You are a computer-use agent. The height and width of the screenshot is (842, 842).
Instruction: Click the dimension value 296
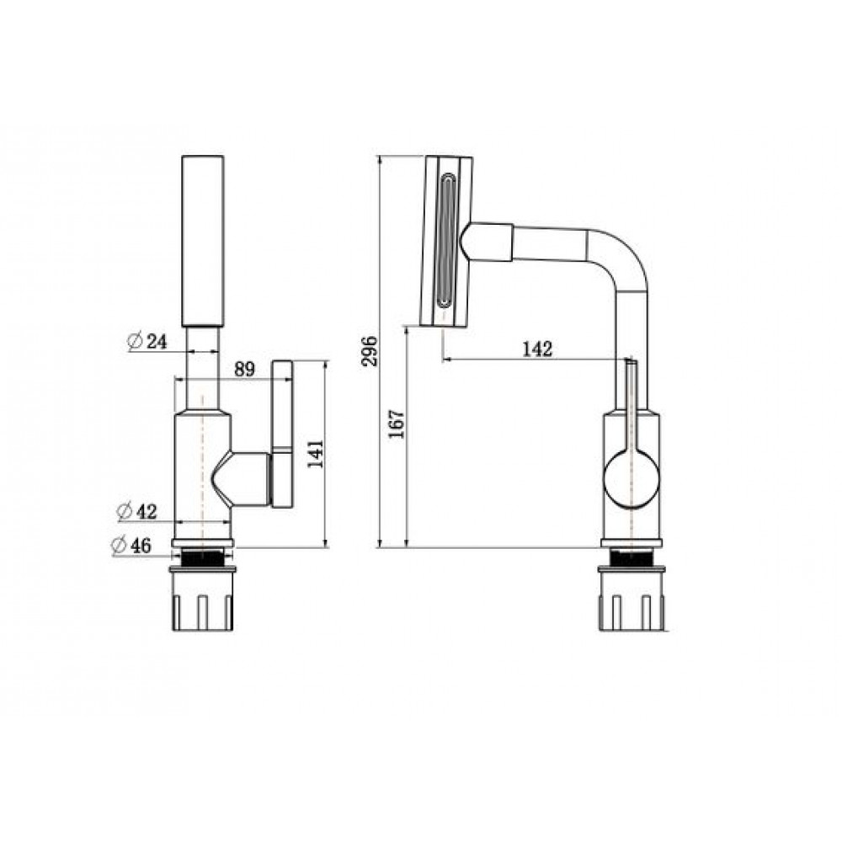[x=370, y=351]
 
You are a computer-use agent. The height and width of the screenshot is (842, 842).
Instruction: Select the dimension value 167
[x=397, y=424]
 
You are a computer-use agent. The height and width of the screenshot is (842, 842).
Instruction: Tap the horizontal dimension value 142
[x=537, y=349]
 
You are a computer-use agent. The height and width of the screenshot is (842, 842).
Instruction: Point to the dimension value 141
[x=316, y=454]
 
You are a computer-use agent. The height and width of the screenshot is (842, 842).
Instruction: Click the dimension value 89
[x=244, y=370]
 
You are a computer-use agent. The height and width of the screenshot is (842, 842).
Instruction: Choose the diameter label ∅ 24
[x=147, y=341]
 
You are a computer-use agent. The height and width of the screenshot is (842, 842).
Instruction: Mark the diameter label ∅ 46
[x=131, y=546]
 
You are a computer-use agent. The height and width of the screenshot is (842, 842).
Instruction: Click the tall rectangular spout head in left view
[x=202, y=241]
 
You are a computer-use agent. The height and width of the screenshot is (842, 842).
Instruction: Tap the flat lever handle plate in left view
[x=283, y=434]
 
